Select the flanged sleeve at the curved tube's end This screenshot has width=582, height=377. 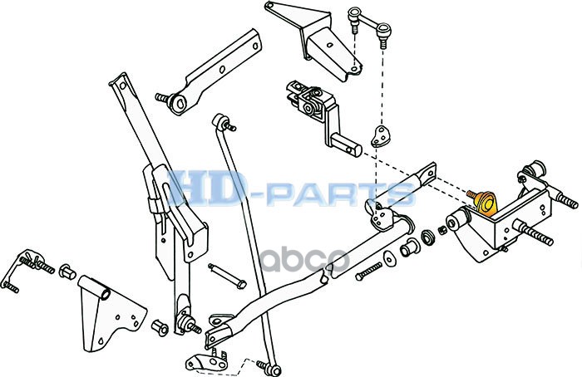point(408,248)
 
